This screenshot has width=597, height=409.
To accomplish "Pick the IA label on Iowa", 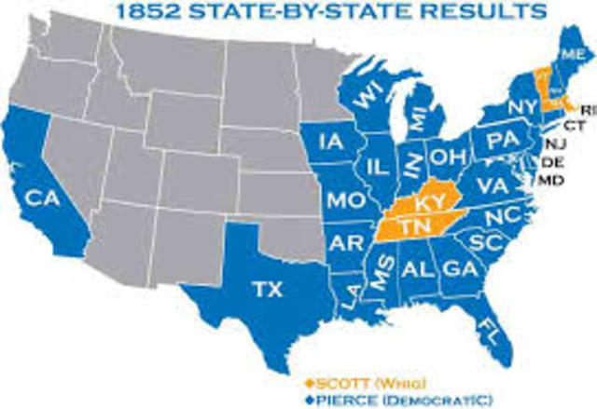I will click(331, 142).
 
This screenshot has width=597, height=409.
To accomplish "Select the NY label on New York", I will click(520, 110).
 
